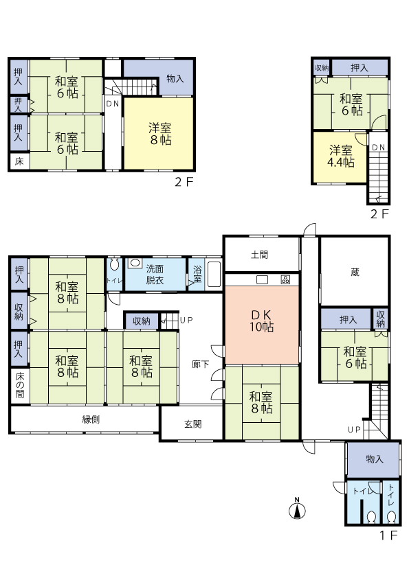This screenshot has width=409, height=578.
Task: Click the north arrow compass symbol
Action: pos(297,509)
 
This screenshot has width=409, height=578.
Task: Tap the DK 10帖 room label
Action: pos(261,321)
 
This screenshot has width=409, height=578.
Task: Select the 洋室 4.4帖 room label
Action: pos(341,157)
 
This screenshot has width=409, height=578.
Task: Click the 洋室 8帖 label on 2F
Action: pos(160,134)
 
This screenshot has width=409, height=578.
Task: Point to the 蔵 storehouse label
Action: pos(355,273)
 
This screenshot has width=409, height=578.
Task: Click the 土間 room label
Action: pos(260,255)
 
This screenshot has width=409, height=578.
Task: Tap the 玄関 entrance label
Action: pos(193,424)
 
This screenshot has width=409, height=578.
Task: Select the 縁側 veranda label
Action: pos(91,419)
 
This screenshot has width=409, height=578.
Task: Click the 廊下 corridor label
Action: pos(201,365)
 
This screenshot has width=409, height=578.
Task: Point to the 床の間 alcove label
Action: pos(20,385)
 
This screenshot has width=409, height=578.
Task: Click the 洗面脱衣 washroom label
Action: pos(155,275)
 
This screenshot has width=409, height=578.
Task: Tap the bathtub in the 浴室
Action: pos(214,275)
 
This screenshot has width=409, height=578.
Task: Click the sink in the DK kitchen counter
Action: pos(262,280)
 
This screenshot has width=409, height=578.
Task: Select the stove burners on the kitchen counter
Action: pos(286,280)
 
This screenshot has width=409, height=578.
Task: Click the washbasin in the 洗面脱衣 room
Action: pos(135,263)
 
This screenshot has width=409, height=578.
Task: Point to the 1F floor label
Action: pos(388,535)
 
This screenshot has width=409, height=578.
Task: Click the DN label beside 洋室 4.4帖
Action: pos(378,148)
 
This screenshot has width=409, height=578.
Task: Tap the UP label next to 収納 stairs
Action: pos(186,320)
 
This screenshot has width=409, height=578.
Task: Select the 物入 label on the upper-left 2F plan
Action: pos(175,78)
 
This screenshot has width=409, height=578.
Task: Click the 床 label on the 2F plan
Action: pos(19,161)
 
